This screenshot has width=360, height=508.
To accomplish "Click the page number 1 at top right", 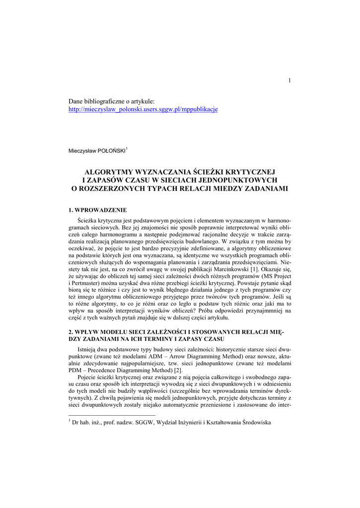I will click(289, 81).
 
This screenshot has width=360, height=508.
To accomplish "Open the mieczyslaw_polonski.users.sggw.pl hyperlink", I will click(143, 109).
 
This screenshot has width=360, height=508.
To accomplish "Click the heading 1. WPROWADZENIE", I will click(98, 210).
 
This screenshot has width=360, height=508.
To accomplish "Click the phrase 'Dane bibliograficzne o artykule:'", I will click(112, 101).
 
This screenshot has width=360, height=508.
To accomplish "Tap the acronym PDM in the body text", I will click(75, 370).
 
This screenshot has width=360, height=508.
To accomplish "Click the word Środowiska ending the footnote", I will click(254, 423).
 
